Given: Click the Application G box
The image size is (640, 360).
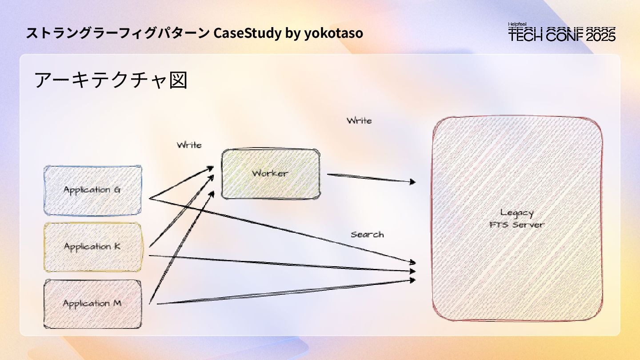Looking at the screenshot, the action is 92,190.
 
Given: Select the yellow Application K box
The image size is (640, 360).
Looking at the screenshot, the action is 92,247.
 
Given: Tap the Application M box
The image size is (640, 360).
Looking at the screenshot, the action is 92,304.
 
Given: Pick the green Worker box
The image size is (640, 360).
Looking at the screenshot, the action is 270,173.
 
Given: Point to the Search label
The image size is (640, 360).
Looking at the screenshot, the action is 367,235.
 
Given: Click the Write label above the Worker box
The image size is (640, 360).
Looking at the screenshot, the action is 189,145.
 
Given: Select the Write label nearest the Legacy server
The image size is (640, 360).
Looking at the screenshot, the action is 359,120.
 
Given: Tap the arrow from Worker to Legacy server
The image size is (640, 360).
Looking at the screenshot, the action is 371,178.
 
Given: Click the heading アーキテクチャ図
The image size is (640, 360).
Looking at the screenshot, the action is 111,80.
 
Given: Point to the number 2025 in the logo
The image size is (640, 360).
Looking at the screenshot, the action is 601,36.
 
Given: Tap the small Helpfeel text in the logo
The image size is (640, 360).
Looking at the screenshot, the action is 518,24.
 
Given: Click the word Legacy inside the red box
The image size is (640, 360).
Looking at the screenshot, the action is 516,213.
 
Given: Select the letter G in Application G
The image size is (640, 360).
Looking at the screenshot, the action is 117,190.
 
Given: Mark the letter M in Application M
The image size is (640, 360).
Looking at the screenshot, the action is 117,304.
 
